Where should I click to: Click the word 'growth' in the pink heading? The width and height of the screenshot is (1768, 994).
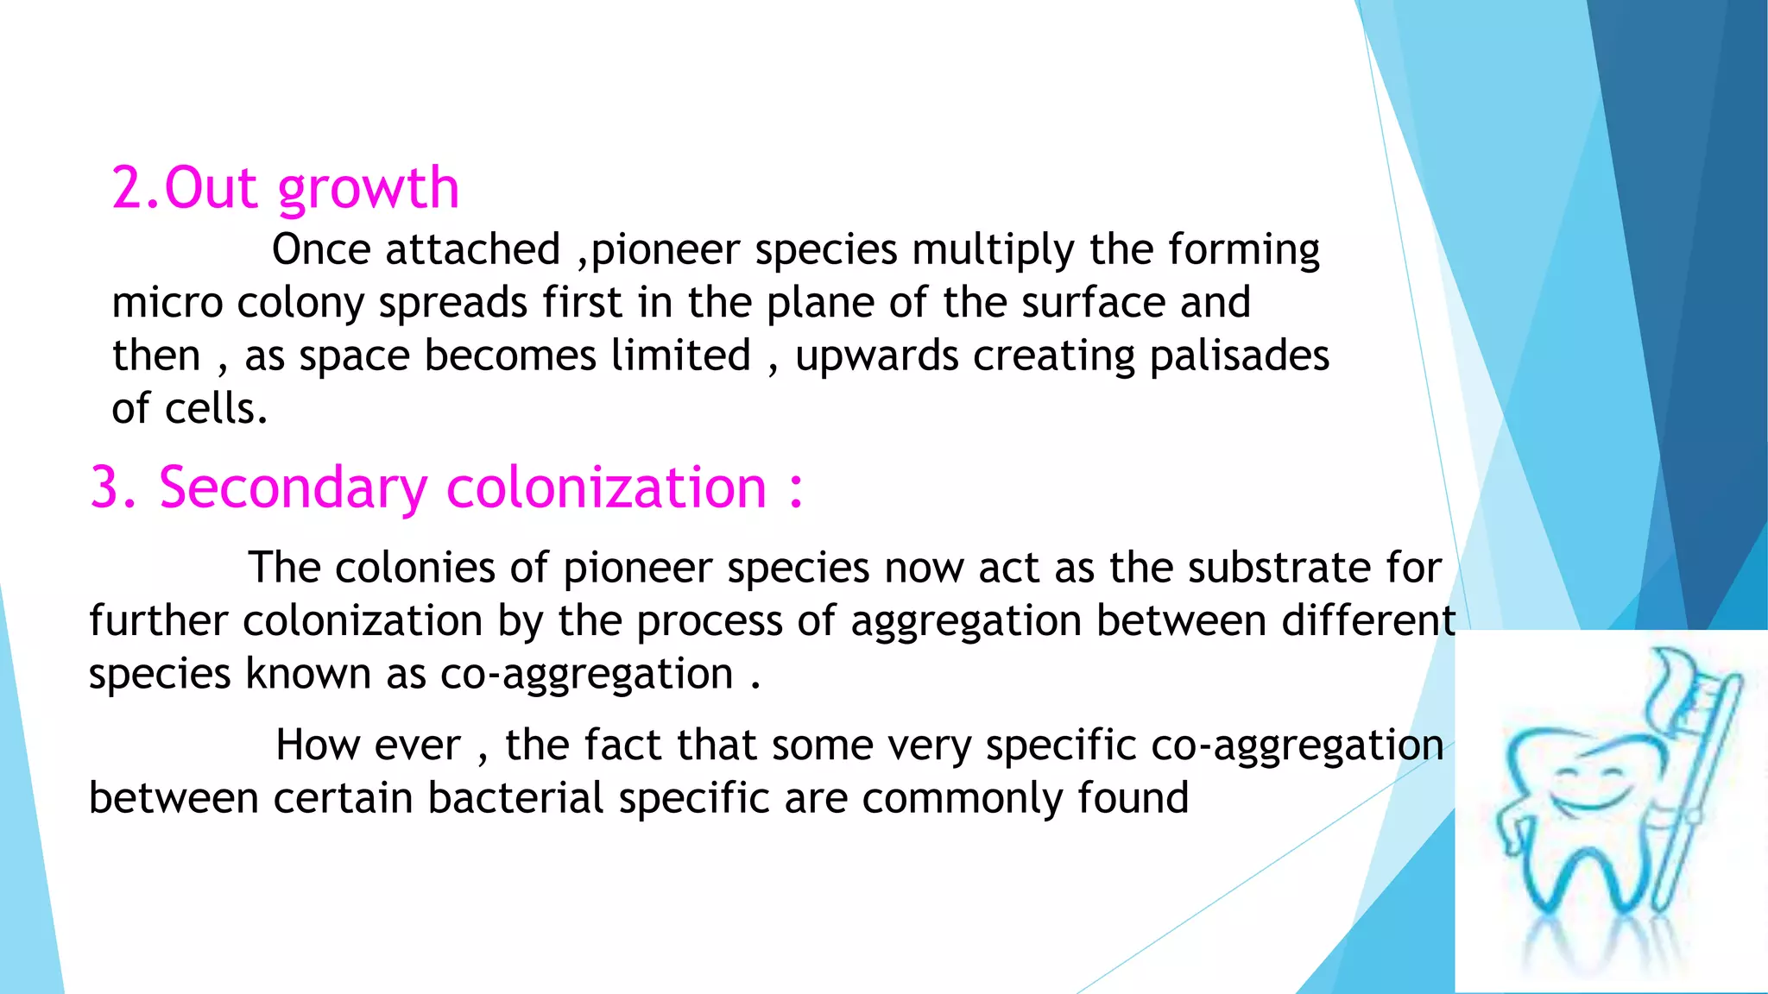click(x=369, y=190)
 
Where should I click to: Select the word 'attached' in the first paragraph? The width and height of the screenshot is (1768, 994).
click(x=473, y=250)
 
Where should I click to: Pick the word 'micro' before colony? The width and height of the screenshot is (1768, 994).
click(x=167, y=304)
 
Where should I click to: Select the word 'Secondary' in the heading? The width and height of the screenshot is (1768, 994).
click(x=294, y=489)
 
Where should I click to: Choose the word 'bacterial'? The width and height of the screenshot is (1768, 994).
click(x=515, y=798)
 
